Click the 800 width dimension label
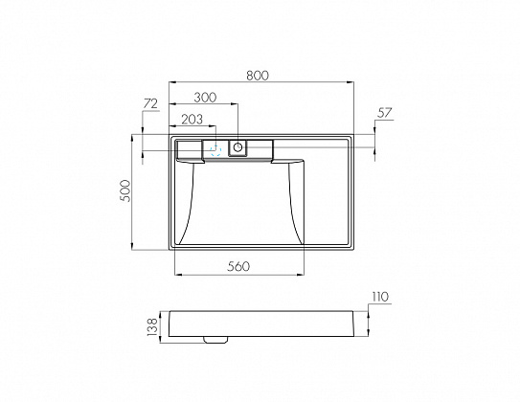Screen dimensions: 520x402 (258, 76)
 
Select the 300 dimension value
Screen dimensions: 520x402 (205, 98)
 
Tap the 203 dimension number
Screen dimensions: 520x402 (192, 120)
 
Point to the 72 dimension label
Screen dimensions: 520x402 (150, 104)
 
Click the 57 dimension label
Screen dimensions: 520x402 (385, 113)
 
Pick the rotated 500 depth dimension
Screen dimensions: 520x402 (126, 190)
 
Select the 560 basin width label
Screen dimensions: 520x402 (238, 266)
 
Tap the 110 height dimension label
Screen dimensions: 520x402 (380, 297)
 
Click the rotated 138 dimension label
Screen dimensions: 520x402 (152, 326)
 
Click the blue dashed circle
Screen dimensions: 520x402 (215, 150)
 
